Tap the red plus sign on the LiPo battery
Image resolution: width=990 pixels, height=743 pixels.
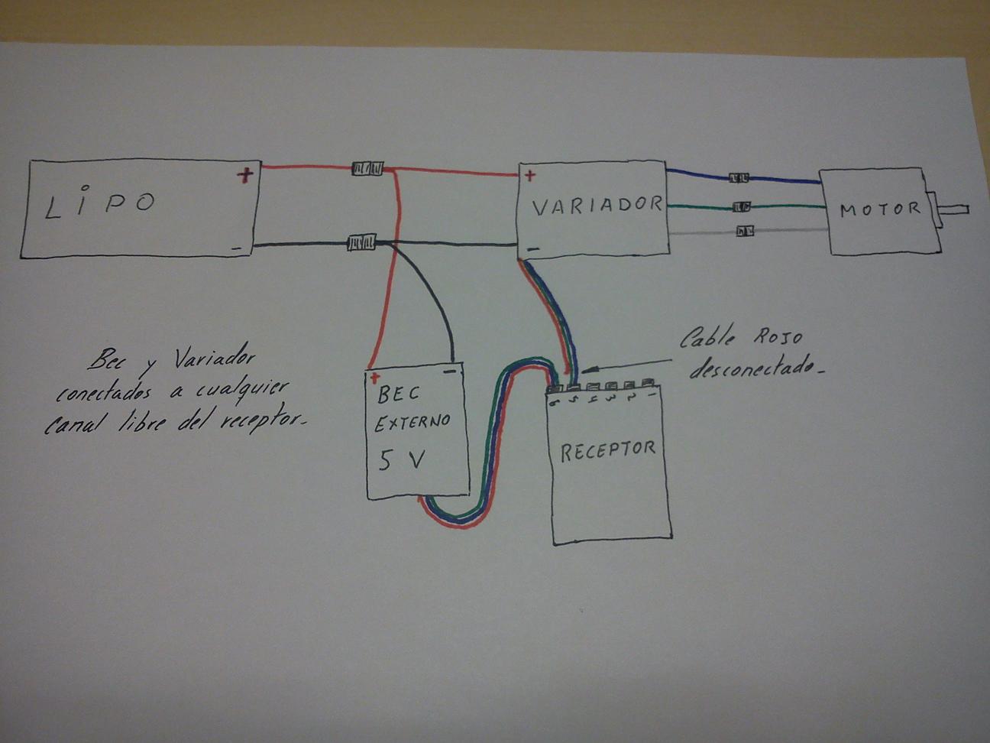(245, 174)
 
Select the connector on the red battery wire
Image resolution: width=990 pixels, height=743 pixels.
(367, 169)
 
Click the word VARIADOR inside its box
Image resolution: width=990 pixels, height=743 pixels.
(597, 206)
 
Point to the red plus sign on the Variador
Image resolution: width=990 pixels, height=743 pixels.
(530, 175)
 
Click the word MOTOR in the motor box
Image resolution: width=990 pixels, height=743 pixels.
(879, 209)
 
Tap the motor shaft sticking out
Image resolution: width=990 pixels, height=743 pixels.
(952, 209)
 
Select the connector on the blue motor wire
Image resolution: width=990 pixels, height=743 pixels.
(739, 178)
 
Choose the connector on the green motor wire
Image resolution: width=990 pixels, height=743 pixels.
(742, 206)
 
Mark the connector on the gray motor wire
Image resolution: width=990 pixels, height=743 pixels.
(744, 232)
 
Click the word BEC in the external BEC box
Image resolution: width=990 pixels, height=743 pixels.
(399, 394)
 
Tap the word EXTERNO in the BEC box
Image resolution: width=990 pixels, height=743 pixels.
(412, 423)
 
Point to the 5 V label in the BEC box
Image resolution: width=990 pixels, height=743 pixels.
(401, 460)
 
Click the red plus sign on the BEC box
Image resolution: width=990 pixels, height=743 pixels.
(374, 378)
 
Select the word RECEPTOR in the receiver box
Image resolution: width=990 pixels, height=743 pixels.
(607, 451)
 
